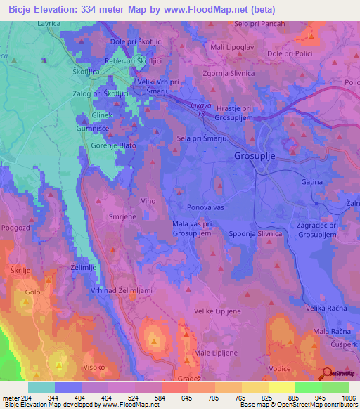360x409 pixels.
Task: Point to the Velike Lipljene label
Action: click(x=219, y=309)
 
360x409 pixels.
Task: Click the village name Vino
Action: click(x=148, y=201)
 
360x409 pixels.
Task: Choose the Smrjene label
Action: click(x=122, y=218)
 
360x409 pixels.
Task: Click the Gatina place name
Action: click(x=311, y=181)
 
